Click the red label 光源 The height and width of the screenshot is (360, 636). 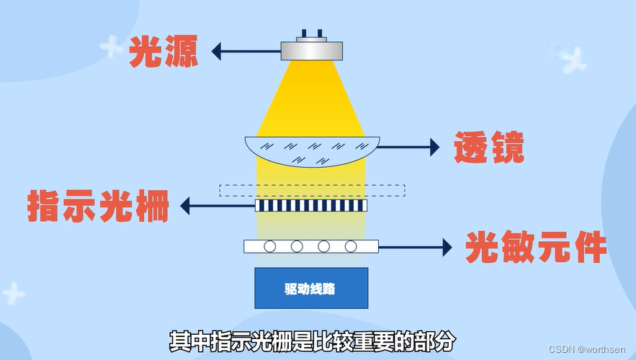point(163,51)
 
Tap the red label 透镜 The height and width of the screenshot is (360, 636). point(488,148)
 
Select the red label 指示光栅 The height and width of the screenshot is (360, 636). point(99,206)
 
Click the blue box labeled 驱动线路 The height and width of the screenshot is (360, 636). point(310,288)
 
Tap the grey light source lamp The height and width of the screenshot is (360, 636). point(311,49)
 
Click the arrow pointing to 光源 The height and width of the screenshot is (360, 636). point(245,51)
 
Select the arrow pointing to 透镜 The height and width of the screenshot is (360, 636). point(408,147)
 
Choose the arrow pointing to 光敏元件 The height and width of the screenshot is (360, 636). point(415,247)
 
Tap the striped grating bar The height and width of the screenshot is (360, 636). point(310,206)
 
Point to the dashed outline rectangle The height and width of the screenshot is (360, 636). point(312,190)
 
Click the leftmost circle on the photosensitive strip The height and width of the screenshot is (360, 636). point(269,246)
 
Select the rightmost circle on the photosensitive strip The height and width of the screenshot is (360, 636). point(351,246)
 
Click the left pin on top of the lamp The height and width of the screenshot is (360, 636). point(304,33)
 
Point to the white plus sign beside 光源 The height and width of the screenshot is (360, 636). point(111,47)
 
